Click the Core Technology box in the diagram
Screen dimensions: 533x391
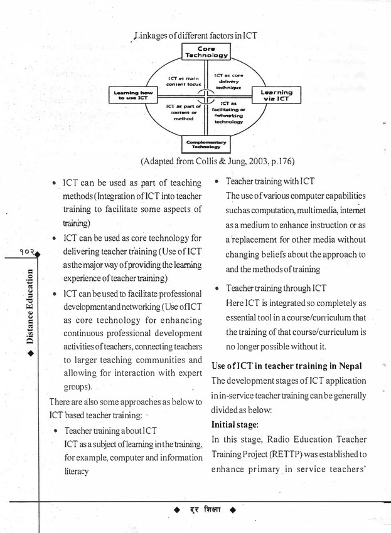(x=205, y=52)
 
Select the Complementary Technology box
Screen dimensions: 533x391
(x=205, y=144)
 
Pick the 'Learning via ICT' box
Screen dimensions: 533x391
(x=276, y=95)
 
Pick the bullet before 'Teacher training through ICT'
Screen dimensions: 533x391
(x=217, y=290)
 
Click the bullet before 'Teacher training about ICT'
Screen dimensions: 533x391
(x=56, y=432)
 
